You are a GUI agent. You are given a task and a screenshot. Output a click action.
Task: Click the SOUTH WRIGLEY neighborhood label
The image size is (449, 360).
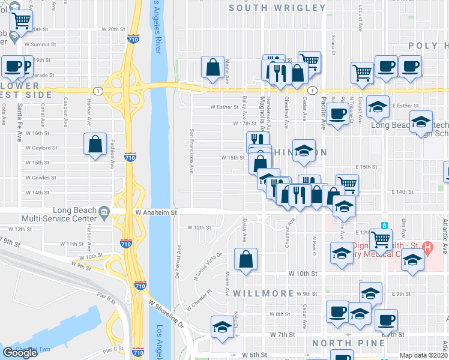click(x=277, y=8)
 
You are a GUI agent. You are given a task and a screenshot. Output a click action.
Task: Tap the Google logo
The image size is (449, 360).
click(x=20, y=353)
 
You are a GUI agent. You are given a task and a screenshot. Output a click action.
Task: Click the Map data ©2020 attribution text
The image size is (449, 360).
click(x=423, y=355)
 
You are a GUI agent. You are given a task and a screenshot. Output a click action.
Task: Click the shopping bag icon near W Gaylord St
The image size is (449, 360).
click(x=95, y=144)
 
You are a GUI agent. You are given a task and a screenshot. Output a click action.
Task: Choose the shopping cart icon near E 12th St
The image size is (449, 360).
click(x=381, y=239)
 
